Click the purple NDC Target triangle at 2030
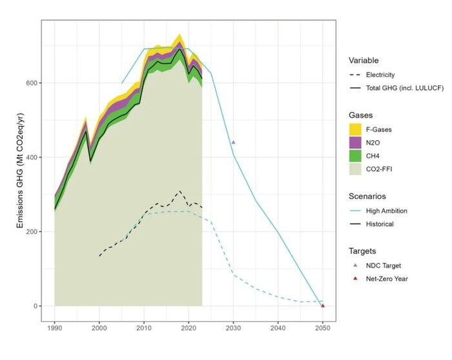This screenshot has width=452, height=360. pyautogui.click(x=233, y=142)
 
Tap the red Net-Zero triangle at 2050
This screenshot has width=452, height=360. pyautogui.click(x=322, y=305)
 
